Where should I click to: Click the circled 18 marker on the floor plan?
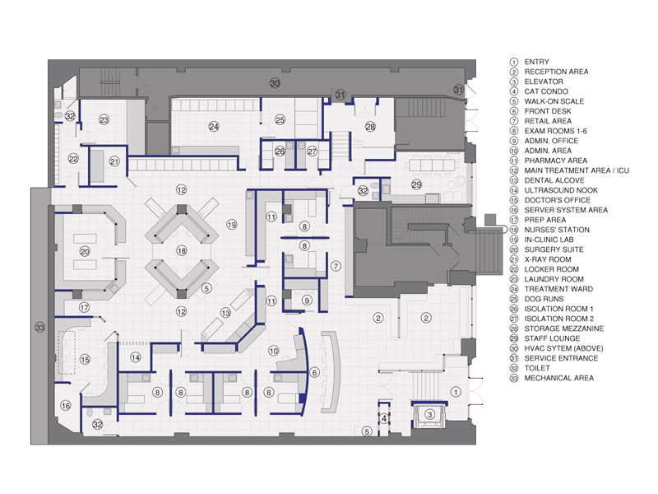(181, 251)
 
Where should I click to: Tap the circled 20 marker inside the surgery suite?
(85, 252)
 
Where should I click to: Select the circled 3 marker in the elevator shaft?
(429, 415)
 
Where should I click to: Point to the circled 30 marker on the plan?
(275, 83)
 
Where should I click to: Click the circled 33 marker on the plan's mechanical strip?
(39, 327)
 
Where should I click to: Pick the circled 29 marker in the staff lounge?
(416, 184)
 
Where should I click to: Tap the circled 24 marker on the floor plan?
(214, 126)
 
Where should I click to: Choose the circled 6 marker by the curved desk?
(314, 372)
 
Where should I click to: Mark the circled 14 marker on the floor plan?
(135, 357)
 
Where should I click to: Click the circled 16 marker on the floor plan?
(66, 406)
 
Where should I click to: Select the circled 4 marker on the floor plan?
(384, 418)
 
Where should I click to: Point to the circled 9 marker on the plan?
(307, 301)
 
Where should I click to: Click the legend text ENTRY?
(537, 62)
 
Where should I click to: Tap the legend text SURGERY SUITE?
(554, 249)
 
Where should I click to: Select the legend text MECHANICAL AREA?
(559, 378)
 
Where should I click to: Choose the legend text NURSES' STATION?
(557, 230)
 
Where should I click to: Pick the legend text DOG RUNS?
(544, 299)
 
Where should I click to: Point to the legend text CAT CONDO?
(546, 91)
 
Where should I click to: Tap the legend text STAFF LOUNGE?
(552, 338)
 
